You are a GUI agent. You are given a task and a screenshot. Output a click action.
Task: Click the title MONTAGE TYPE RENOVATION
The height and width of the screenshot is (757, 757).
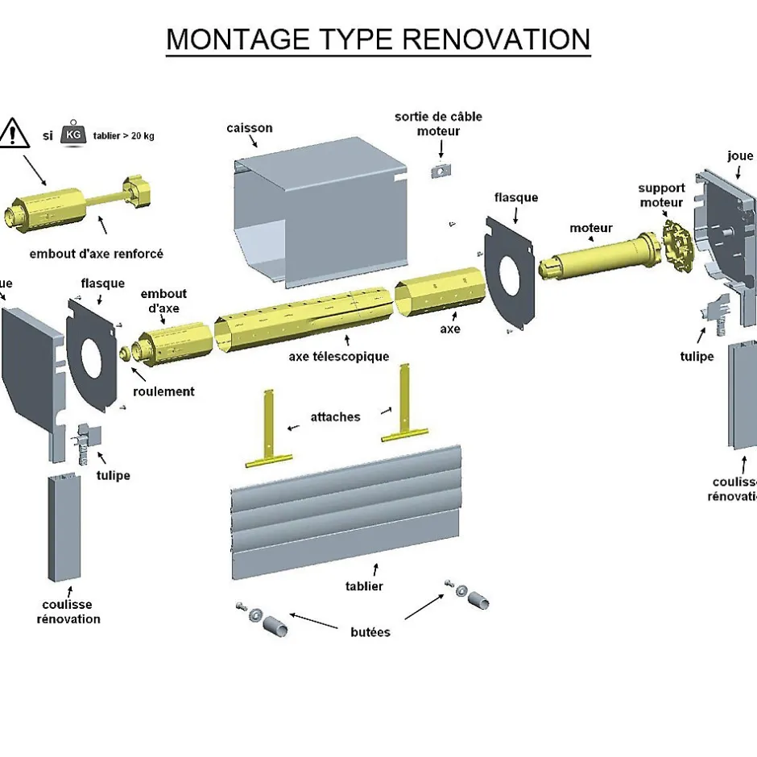378,39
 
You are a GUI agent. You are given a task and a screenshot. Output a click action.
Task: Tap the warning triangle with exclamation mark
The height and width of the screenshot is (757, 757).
14,132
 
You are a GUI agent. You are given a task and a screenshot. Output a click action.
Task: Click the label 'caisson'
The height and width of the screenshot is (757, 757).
250,128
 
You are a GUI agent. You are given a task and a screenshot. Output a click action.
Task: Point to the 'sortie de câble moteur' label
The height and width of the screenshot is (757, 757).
438,123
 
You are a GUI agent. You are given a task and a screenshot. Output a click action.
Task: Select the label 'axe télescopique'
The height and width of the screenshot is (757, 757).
338,356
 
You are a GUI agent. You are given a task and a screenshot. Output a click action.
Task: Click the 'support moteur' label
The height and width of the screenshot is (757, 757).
661,196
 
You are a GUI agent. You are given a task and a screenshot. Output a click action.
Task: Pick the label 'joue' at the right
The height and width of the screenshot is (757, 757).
740,156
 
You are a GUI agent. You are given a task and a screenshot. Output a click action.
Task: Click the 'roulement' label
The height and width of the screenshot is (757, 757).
164,391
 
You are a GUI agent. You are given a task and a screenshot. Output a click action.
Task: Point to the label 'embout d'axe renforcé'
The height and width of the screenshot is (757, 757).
96,254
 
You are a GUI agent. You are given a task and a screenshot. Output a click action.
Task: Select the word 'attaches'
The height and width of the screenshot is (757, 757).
335,417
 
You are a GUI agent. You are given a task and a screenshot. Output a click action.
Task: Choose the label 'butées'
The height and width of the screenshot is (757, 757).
370,632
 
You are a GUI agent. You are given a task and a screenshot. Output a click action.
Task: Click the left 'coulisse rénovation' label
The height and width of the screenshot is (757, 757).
68,612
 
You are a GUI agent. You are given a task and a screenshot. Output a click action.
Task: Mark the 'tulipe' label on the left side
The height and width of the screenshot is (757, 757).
113,475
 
